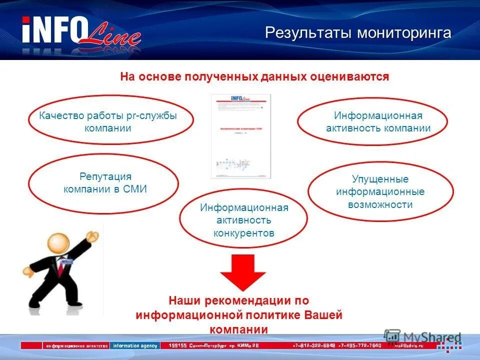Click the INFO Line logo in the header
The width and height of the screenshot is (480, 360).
click(x=80, y=34)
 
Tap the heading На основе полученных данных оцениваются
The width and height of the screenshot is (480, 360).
click(x=254, y=77)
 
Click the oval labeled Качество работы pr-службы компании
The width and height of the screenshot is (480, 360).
click(x=110, y=121)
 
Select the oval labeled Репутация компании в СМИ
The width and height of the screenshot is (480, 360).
click(x=103, y=183)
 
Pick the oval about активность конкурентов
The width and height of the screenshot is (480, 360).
click(x=243, y=220)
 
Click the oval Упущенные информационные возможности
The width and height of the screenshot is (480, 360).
click(x=380, y=192)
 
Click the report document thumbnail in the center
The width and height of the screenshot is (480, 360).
click(x=240, y=136)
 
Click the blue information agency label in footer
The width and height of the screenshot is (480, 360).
click(x=135, y=345)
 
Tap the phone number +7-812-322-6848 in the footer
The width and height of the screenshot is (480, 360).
click(x=313, y=345)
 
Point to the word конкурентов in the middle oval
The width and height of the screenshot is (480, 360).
click(x=243, y=233)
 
